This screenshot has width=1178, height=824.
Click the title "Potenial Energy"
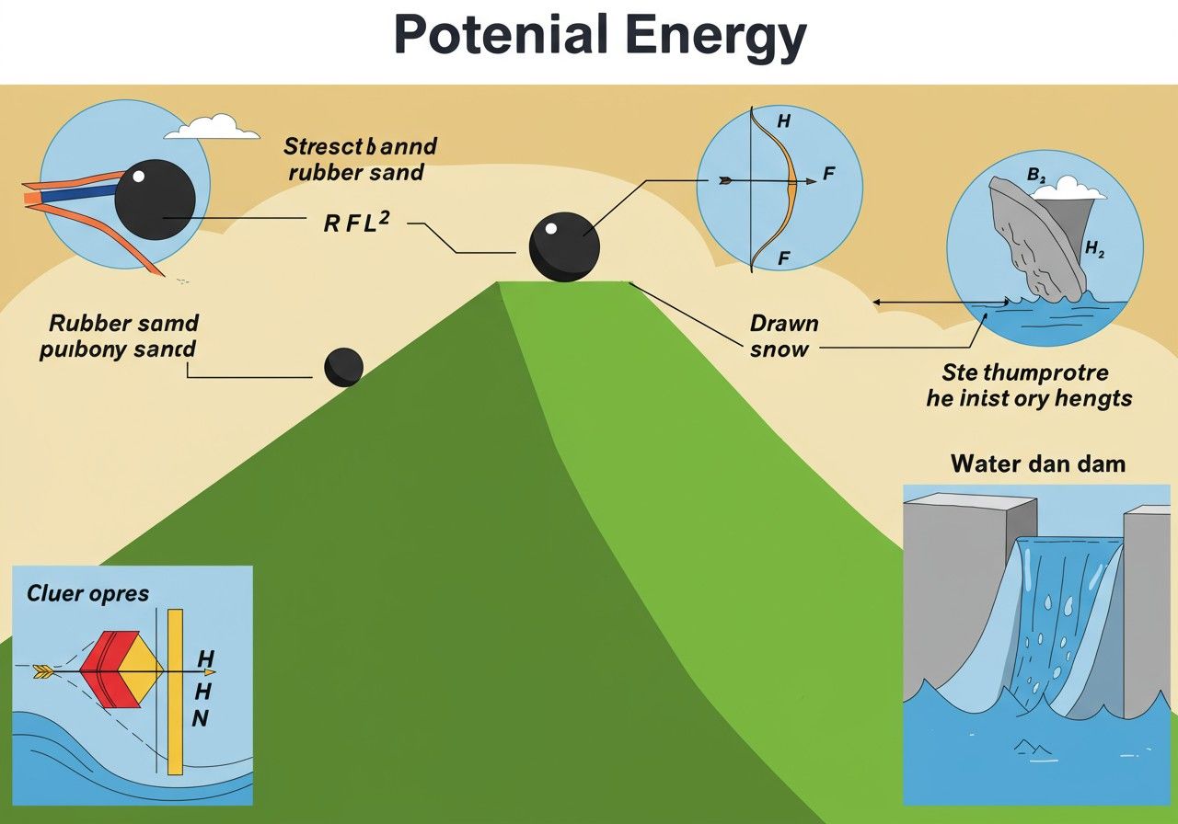click(599, 37)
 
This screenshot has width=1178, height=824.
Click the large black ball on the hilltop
click(563, 246)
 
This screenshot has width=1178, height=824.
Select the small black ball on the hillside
click(343, 366)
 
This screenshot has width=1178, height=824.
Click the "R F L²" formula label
click(357, 223)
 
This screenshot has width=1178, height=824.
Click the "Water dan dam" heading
click(1037, 463)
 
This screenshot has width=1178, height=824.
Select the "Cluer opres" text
click(87, 593)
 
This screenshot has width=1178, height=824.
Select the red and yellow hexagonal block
click(121, 669)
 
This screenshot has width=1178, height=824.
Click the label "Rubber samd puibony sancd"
click(122, 337)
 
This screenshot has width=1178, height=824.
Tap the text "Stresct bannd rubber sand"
click(359, 158)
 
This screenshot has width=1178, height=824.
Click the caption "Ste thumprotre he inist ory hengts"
click(1029, 385)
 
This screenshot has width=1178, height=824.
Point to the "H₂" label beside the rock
click(1095, 248)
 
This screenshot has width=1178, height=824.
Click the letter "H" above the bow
click(784, 120)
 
